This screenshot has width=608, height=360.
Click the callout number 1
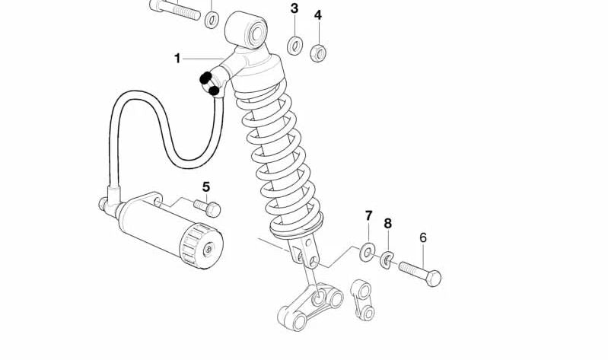pos(177,59)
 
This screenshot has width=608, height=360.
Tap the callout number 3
pos(294,9)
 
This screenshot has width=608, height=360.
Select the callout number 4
pos(318,15)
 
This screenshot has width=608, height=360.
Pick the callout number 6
pos(423,237)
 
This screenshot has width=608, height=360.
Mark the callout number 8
pos(387,224)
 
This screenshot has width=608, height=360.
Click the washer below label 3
pos(294,46)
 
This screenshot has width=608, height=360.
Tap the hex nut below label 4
pos(319,52)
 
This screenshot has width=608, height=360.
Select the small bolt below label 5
pos(207,206)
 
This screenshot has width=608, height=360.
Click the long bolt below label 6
pos(419,272)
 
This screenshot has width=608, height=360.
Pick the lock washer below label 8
pos(387,260)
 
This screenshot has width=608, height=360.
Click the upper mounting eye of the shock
pos(248,30)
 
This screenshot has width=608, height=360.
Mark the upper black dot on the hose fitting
pos(205,78)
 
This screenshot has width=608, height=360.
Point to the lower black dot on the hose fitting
pos(214,91)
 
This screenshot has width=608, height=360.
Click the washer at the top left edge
pos(212,18)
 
